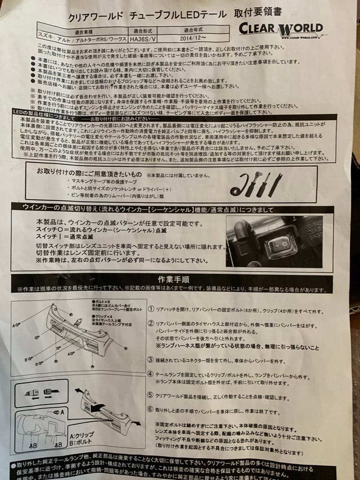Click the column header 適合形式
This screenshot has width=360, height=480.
145,31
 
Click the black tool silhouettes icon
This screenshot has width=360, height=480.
256,184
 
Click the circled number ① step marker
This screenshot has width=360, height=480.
151,309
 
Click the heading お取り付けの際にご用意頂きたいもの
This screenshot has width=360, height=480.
89,171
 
